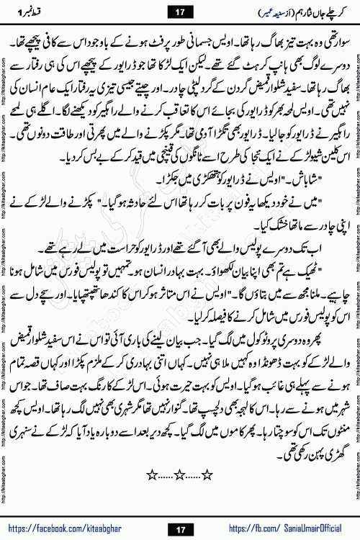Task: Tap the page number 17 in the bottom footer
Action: coord(180,530)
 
